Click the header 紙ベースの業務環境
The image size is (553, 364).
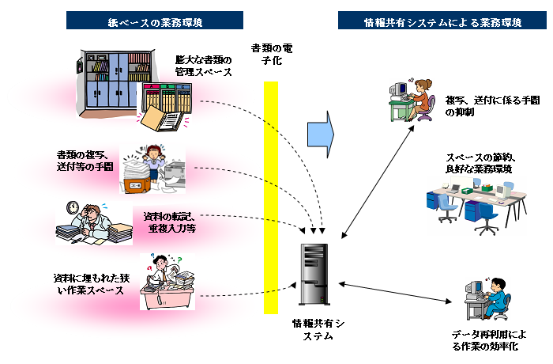155,22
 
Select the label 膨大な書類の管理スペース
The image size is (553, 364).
205,66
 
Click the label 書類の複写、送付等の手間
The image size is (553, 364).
85,161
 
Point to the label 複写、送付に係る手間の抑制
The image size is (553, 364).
480,107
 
